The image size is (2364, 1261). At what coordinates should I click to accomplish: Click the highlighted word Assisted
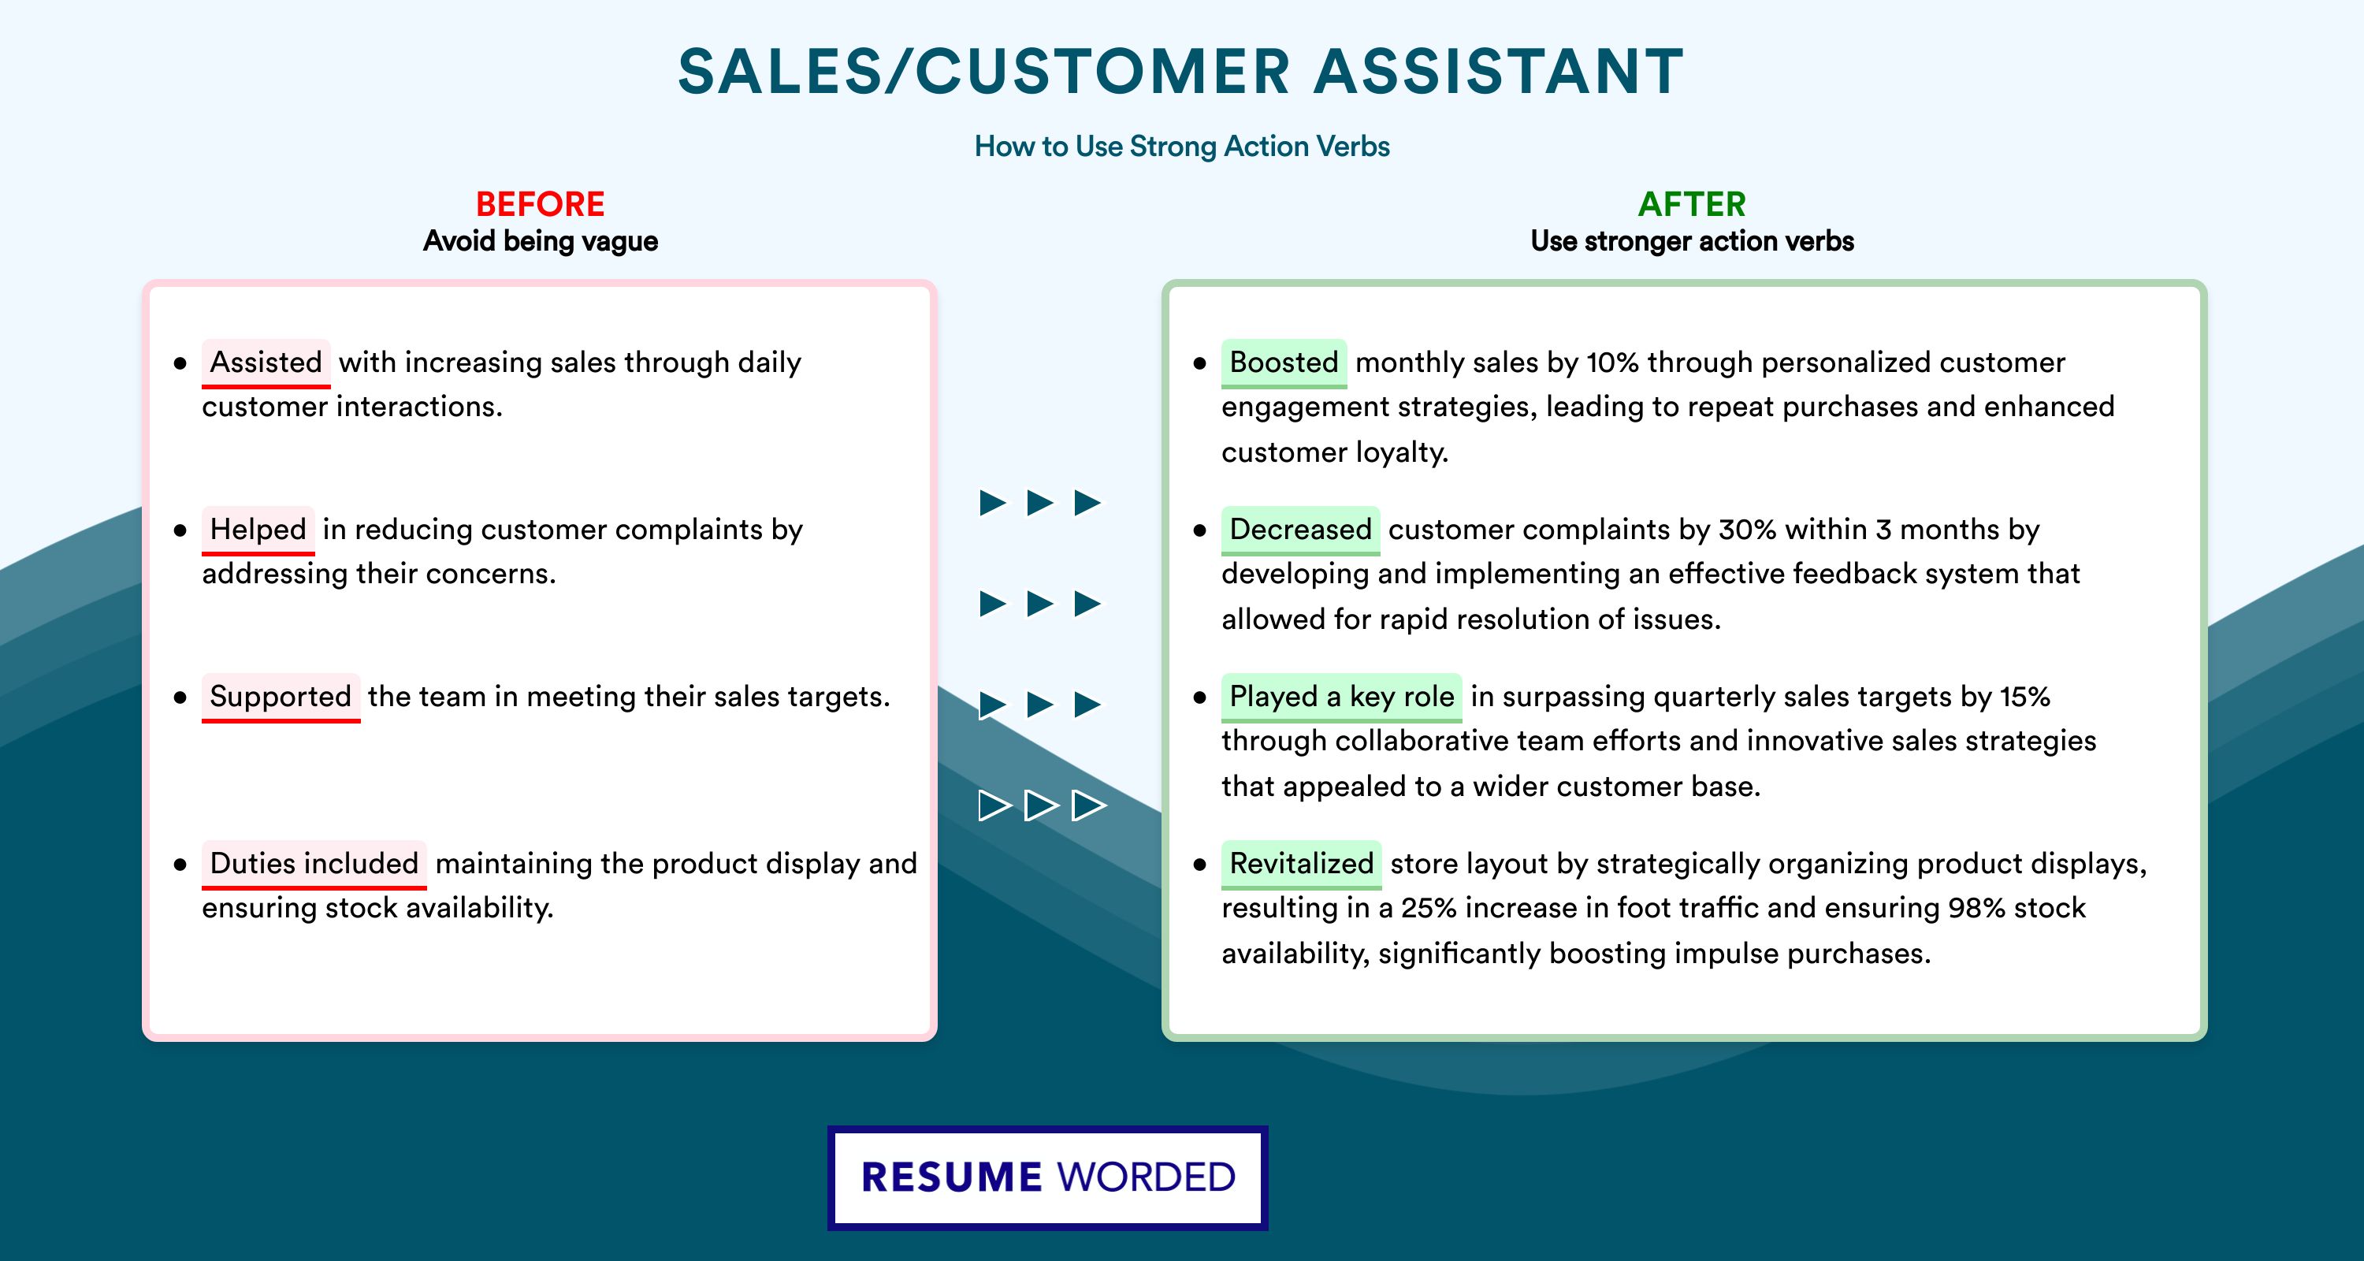(266, 362)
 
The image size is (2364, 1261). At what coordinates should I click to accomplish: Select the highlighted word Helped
(258, 529)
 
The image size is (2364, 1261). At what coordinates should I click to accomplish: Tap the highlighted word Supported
(281, 696)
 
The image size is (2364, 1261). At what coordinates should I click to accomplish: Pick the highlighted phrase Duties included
(314, 863)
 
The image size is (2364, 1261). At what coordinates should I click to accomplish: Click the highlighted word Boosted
(1284, 362)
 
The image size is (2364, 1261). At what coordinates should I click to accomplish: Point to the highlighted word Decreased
(1300, 529)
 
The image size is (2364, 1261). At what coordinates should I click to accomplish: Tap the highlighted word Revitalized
(1301, 863)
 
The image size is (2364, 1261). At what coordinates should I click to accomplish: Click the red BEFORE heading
(541, 204)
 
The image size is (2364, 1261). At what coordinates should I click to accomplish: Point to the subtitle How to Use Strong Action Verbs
(1182, 146)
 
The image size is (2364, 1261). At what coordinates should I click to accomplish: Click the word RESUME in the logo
(952, 1177)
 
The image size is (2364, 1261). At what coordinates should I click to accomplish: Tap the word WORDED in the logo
(1147, 1177)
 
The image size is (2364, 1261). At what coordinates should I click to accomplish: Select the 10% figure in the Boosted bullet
(1612, 363)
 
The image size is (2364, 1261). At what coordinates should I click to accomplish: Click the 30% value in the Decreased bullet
(1747, 530)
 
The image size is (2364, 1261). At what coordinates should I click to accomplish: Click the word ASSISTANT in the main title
(1500, 72)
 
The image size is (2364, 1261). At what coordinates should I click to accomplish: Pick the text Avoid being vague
(541, 241)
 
